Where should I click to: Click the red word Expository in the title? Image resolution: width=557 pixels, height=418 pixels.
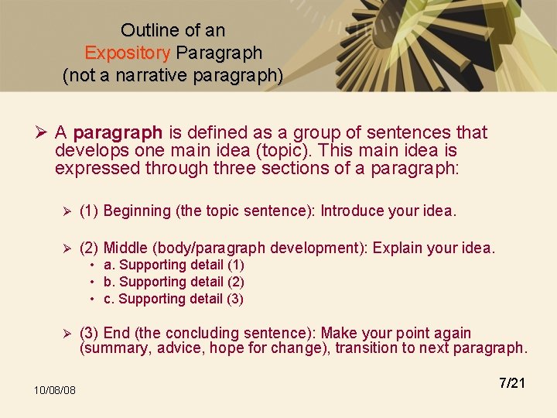coord(128,53)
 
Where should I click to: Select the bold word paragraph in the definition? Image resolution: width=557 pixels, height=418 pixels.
coord(118,133)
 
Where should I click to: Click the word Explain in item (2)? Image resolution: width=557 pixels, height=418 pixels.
coord(398,248)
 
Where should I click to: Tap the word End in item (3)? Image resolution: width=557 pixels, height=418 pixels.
coord(117,334)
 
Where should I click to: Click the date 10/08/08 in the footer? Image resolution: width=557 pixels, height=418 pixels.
coord(54,390)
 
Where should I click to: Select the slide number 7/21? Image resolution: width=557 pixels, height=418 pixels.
coord(512,383)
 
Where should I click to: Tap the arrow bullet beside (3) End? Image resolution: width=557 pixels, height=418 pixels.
coord(67,334)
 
